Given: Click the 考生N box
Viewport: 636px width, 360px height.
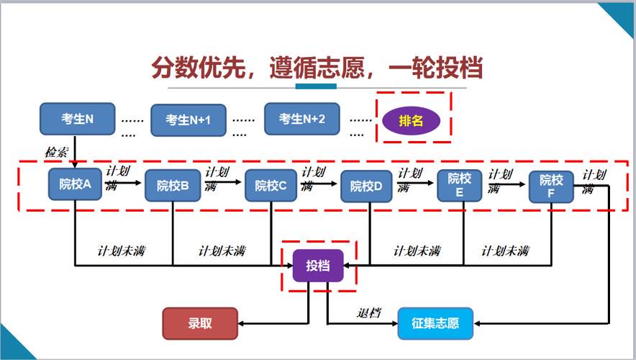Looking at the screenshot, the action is click(x=78, y=119).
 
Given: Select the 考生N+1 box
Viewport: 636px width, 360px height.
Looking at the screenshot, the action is click(x=188, y=120).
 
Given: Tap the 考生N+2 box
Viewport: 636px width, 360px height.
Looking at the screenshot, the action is click(x=301, y=119).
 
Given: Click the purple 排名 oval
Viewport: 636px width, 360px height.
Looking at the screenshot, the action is click(x=412, y=120).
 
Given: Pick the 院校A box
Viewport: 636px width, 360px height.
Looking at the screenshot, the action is click(x=75, y=184).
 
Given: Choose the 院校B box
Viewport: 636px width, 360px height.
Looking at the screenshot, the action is click(x=173, y=186).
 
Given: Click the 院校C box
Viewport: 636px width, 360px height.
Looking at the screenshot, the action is click(x=271, y=186).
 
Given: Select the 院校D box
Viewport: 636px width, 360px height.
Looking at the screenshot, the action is click(x=366, y=186).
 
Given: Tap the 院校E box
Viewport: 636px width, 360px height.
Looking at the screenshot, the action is click(x=460, y=186).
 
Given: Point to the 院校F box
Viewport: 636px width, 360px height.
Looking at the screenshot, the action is click(x=551, y=186).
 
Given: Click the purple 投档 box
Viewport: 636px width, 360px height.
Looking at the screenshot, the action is click(x=318, y=266).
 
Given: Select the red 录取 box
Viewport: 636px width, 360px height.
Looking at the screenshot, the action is click(x=200, y=323).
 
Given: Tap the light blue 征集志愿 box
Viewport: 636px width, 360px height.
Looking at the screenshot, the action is click(x=435, y=323).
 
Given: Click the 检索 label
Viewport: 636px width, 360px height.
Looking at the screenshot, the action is click(x=56, y=153).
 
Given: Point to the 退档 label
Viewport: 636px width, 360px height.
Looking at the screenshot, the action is click(x=369, y=313).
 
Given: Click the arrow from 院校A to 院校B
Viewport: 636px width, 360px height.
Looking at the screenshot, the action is click(x=123, y=183).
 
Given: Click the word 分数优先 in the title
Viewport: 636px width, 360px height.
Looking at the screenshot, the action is click(x=199, y=68).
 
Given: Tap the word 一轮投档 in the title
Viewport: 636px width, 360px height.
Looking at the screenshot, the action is click(x=435, y=68).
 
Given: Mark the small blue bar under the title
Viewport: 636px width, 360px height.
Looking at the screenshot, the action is click(x=316, y=86).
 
